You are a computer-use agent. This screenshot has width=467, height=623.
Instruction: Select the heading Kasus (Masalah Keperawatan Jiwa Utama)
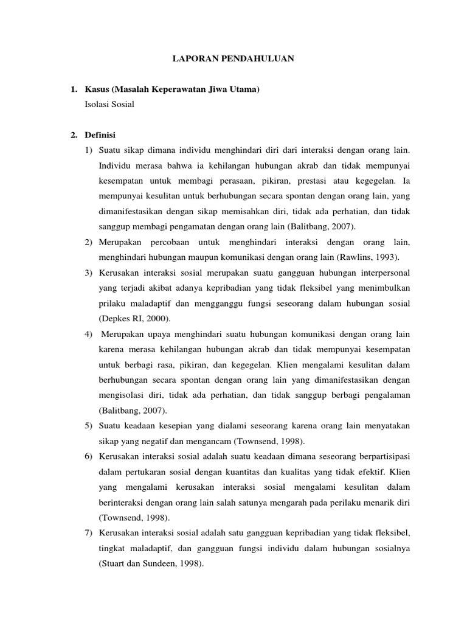click(x=172, y=89)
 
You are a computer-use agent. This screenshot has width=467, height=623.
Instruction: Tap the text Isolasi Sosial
click(x=109, y=104)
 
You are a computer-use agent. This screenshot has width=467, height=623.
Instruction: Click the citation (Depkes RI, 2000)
click(x=130, y=318)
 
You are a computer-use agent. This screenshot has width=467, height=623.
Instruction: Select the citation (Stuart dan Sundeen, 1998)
click(x=151, y=564)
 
